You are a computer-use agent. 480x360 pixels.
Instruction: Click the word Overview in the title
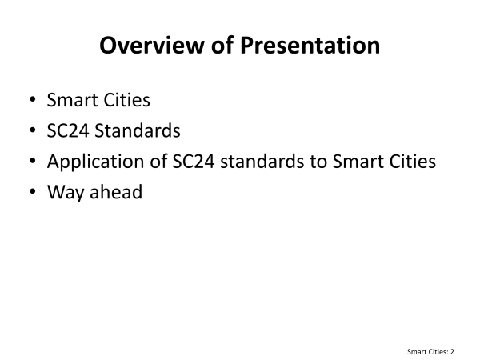pyautogui.click(x=151, y=46)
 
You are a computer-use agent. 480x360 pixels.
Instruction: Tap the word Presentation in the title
pyautogui.click(x=310, y=46)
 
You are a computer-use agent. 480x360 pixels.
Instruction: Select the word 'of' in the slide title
pyautogui.click(x=222, y=46)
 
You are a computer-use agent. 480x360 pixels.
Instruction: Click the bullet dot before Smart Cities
pyautogui.click(x=33, y=99)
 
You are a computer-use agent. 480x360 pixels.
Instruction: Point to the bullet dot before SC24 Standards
pyautogui.click(x=33, y=130)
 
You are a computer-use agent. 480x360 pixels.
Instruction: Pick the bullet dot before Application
pyautogui.click(x=33, y=161)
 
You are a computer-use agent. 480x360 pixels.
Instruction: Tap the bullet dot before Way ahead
pyautogui.click(x=33, y=191)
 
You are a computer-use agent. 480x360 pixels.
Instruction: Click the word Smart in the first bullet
pyautogui.click(x=72, y=100)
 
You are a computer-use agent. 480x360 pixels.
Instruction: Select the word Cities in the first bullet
pyautogui.click(x=127, y=100)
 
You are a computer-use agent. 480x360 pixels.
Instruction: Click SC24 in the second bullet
pyautogui.click(x=68, y=130)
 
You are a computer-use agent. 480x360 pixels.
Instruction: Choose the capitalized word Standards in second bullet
pyautogui.click(x=138, y=130)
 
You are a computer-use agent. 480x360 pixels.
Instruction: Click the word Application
pyautogui.click(x=95, y=162)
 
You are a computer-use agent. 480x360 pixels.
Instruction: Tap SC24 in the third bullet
pyautogui.click(x=194, y=162)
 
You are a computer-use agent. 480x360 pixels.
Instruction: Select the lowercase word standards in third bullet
pyautogui.click(x=262, y=161)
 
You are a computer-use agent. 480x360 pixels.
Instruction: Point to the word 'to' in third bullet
pyautogui.click(x=318, y=162)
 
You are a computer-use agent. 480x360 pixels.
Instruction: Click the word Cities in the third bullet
pyautogui.click(x=413, y=161)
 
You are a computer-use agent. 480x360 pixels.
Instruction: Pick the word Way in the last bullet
pyautogui.click(x=66, y=193)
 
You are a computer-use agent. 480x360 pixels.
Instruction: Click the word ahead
pyautogui.click(x=116, y=192)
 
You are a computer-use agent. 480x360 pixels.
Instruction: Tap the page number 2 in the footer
pyautogui.click(x=452, y=352)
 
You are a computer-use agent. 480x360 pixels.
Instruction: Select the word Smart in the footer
pyautogui.click(x=415, y=352)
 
